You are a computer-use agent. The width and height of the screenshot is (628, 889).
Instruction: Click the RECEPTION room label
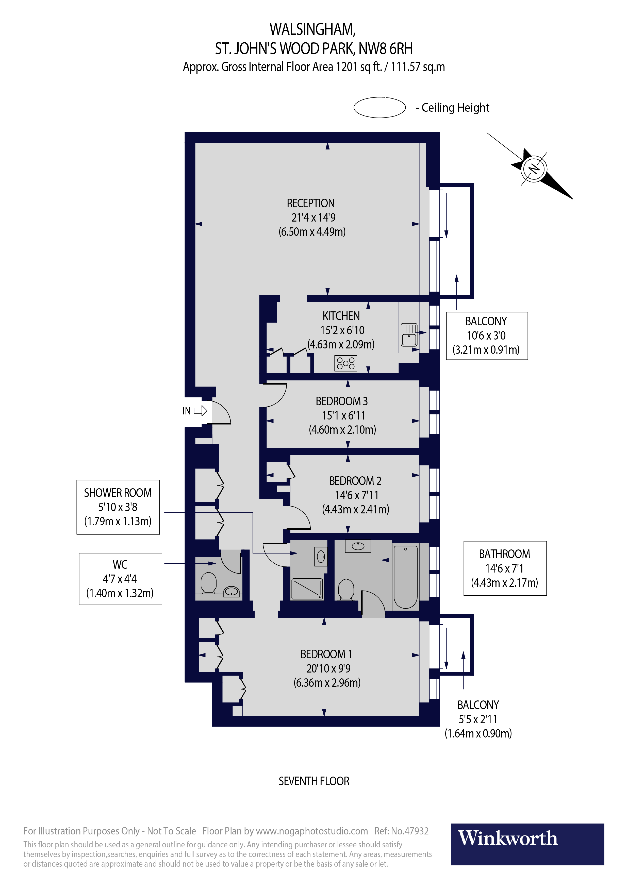coord(310,203)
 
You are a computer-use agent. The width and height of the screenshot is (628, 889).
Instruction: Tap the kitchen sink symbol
coord(409,334)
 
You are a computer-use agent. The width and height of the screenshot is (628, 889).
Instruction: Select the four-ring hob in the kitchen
coord(345,363)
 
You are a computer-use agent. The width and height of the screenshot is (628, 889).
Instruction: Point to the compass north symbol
coord(534,169)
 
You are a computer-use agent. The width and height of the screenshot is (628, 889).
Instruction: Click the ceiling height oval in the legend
coord(379,107)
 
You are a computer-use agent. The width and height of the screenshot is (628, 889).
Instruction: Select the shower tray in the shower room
coord(307,589)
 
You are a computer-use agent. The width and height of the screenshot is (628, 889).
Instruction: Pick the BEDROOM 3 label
coord(341,401)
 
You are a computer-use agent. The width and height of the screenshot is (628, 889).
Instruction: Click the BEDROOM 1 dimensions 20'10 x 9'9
coord(328,668)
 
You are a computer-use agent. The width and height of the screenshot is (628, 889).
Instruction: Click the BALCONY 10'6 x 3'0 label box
coord(486,336)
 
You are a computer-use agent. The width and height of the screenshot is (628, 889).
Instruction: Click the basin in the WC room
coord(231,592)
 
